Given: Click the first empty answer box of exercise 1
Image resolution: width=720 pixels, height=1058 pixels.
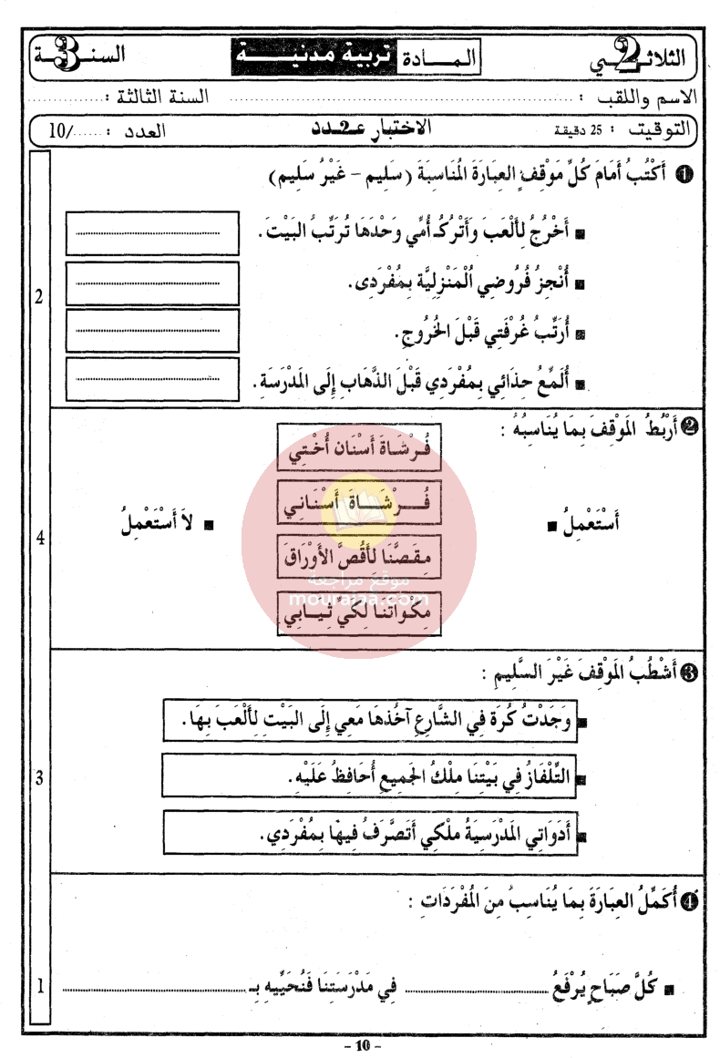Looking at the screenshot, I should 152,233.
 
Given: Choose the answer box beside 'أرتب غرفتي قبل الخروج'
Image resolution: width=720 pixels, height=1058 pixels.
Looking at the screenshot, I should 152,330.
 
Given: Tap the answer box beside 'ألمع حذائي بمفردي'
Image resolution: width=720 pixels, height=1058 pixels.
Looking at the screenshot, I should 152,378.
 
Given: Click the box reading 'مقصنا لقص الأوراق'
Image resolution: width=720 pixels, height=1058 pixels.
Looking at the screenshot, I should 358,557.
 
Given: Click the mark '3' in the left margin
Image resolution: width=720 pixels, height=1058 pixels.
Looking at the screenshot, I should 40,777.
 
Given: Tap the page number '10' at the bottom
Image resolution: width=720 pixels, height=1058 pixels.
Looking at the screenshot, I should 362,1045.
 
